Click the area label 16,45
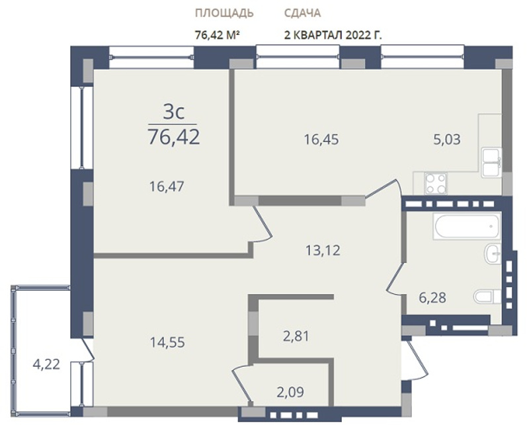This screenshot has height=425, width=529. coord(321,139)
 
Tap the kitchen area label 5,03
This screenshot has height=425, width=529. coord(447,139)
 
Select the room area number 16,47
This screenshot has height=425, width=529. coord(167,186)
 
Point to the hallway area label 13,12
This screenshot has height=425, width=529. coord(323,251)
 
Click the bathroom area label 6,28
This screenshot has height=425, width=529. coord(432,298)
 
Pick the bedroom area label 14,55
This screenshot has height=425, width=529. coord(167,342)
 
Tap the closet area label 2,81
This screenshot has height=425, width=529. coord(296,336)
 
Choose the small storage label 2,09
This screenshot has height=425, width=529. coord(290,392)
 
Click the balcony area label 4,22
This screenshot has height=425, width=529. coord(46,364)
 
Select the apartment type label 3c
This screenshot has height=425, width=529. coord(174,112)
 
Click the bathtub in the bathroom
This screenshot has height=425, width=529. coord(468,227)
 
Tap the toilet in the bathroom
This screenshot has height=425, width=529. coord(487,297)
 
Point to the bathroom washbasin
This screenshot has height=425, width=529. coord(493,254)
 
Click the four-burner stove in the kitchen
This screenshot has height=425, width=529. coord(436,184)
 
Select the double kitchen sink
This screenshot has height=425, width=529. coord(491,163)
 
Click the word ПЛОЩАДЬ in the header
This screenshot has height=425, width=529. coord(224,13)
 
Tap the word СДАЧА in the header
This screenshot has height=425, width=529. coord(302,13)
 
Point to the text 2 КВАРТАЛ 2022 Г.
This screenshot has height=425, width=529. coord(333,35)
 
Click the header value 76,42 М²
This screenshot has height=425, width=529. coord(218,35)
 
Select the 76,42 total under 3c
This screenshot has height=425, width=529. coord(174,137)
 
